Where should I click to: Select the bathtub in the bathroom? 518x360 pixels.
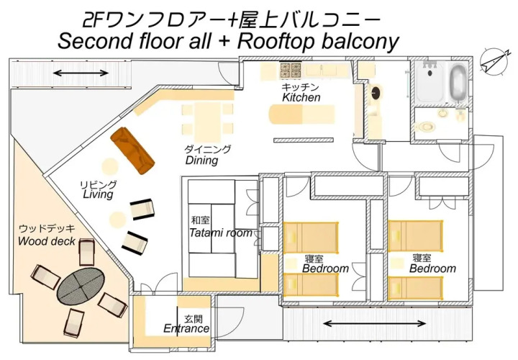[458, 83]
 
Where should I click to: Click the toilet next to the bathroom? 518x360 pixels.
[427, 125]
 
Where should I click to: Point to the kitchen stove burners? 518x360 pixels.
[291, 71]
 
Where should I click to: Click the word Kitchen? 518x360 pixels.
[301, 97]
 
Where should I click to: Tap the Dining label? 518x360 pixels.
[201, 161]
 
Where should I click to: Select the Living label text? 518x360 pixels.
[98, 194]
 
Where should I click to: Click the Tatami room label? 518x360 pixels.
[220, 233]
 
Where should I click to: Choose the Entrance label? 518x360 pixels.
[186, 328]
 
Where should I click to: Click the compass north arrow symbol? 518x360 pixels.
[491, 63]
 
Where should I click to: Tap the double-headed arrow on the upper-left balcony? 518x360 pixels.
[81, 73]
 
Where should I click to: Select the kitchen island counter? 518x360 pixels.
[301, 116]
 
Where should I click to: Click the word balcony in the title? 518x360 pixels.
[360, 41]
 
